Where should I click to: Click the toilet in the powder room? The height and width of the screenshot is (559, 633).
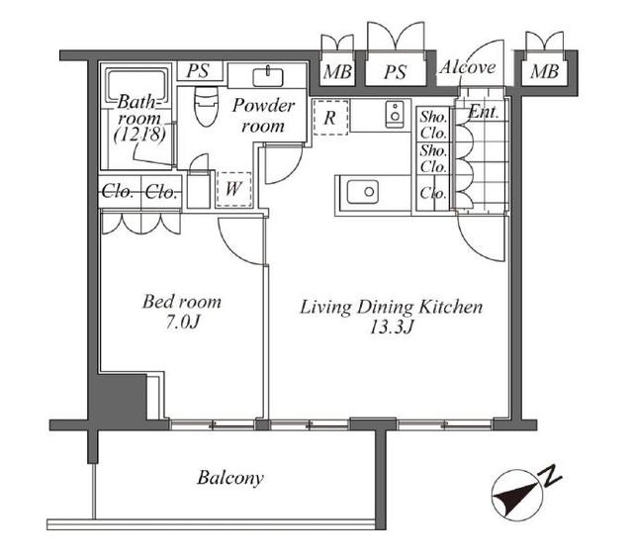(206, 106)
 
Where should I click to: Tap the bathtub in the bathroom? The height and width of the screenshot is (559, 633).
(136, 86)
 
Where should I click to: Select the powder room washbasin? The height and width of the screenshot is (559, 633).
(268, 77)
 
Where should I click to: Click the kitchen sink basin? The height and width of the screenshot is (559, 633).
(363, 192)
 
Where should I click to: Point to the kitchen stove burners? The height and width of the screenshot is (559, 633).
(395, 115)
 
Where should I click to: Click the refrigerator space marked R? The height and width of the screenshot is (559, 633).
(330, 117)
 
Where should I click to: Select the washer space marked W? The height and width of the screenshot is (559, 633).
(233, 189)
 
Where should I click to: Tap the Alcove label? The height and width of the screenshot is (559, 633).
(468, 67)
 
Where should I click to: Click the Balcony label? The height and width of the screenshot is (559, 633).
(230, 478)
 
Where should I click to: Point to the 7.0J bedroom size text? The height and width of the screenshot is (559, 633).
(182, 323)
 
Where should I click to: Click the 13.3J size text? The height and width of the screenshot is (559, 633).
(392, 327)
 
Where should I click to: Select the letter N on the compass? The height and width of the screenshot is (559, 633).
(551, 476)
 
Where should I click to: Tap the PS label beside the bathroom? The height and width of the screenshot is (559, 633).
(198, 71)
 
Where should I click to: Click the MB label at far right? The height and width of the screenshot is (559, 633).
(545, 72)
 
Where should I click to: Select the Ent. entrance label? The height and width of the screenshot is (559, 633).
(483, 112)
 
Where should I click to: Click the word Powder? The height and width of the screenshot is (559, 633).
(263, 106)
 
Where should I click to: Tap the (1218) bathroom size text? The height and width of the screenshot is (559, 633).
(139, 135)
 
